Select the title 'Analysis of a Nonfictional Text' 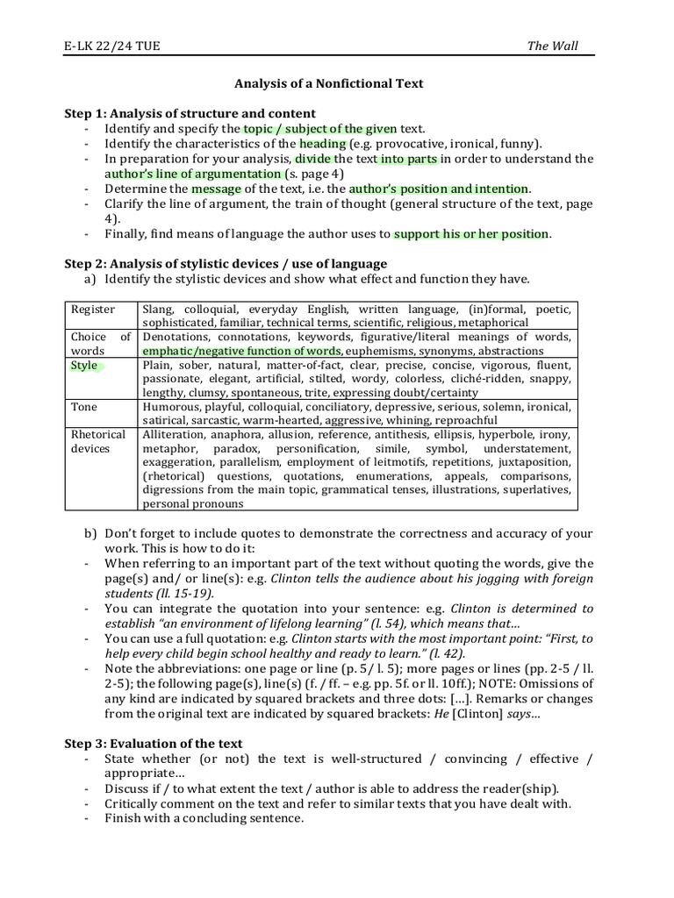[x=328, y=84]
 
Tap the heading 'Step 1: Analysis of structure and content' [x=190, y=114]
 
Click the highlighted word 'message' [x=216, y=189]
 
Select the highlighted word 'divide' [x=313, y=159]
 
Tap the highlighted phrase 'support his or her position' [x=471, y=234]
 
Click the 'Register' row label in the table [x=93, y=310]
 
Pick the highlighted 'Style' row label [x=84, y=366]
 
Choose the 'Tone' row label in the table [x=85, y=407]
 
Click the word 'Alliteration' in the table [x=173, y=435]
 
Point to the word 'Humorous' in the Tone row [x=170, y=407]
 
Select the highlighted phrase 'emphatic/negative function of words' [x=241, y=351]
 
